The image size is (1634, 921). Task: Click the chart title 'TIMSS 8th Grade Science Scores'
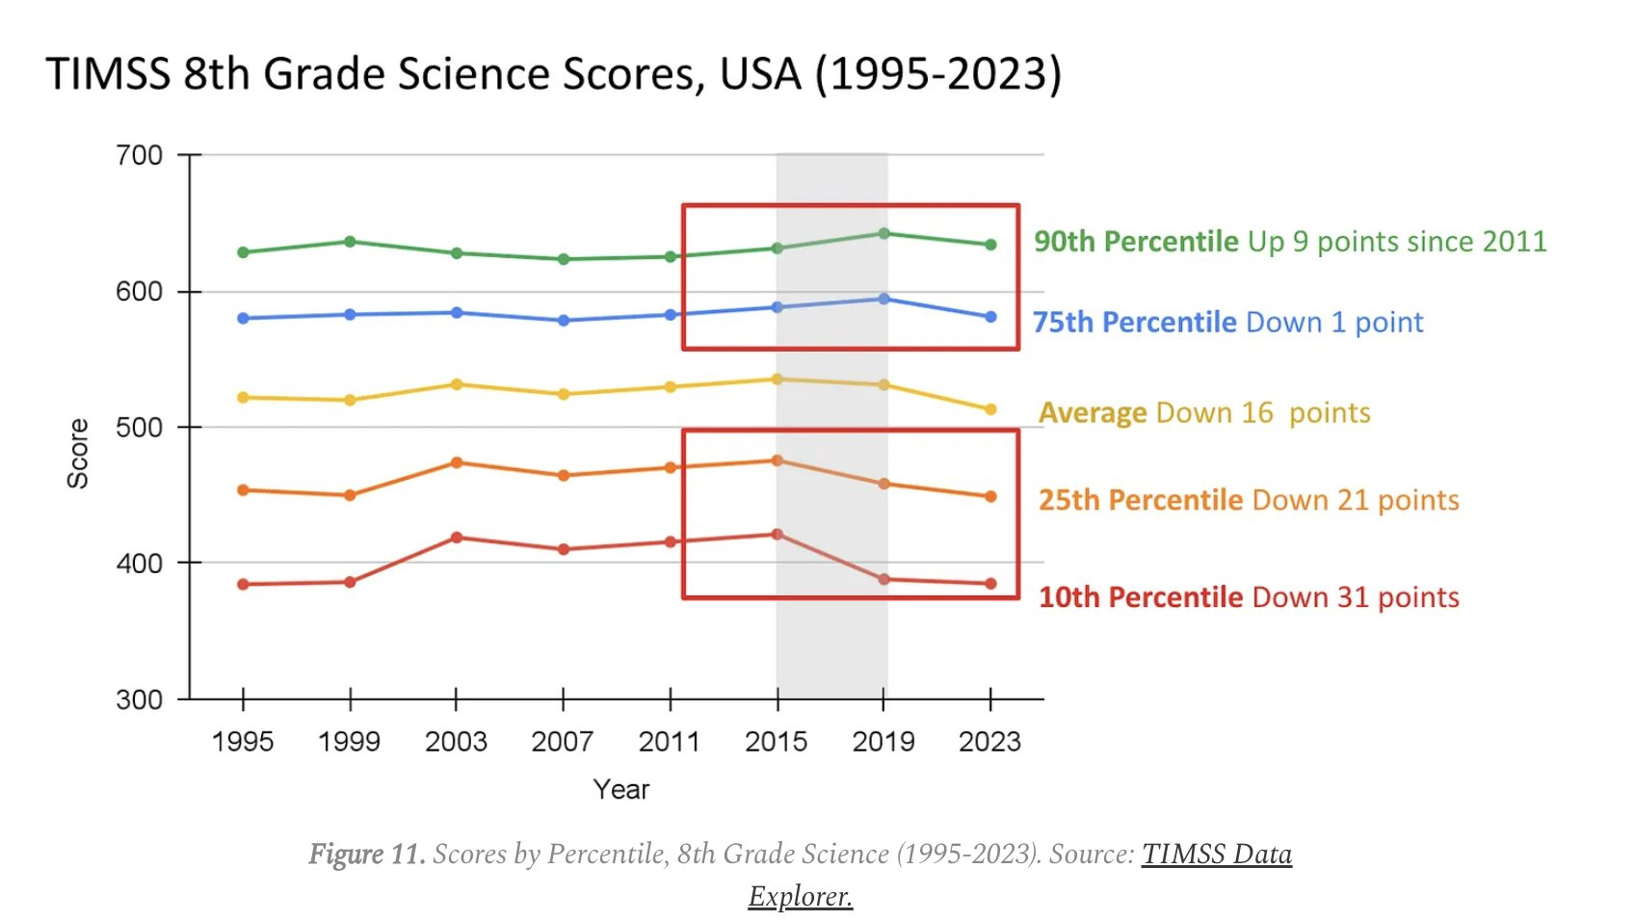553,74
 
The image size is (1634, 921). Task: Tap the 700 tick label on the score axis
140,155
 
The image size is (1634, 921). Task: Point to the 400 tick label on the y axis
140,564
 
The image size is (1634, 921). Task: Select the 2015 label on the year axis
777,742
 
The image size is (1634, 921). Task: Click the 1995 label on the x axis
243,742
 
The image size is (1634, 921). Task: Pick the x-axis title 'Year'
621,790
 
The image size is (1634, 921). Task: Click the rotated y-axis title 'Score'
78,453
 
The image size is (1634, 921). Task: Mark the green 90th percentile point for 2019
883,233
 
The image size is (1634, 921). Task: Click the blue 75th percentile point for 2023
990,317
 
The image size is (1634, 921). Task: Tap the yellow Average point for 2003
457,384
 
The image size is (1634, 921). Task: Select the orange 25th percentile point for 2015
777,460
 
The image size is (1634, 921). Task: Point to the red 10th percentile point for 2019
883,579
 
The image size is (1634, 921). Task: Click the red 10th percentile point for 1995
243,584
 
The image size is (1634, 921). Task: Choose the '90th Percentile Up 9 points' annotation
1289,241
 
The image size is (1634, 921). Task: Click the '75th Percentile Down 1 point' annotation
1227,322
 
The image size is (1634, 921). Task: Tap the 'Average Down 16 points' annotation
1204,412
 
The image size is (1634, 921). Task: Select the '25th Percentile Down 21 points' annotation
1249,500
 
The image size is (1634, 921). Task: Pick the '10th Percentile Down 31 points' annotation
1249,597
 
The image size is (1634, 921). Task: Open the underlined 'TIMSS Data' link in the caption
1216,855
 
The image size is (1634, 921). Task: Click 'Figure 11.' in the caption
366,855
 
